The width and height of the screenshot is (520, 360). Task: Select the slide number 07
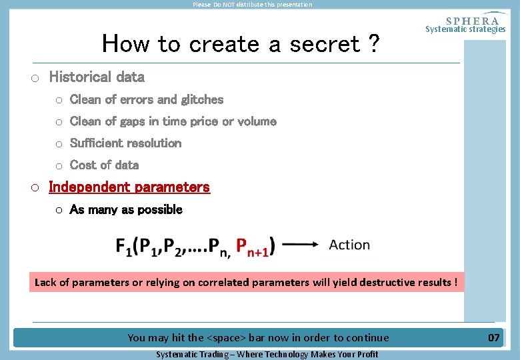(493, 337)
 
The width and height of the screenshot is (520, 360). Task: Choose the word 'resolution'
(154, 143)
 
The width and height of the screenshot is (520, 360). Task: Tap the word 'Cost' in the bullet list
(83, 165)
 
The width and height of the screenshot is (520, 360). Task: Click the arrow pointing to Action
(301, 245)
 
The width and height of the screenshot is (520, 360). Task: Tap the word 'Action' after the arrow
(349, 245)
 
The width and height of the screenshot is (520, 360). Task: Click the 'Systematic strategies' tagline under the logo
(465, 29)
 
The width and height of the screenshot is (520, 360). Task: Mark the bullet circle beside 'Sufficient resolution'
(59, 143)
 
